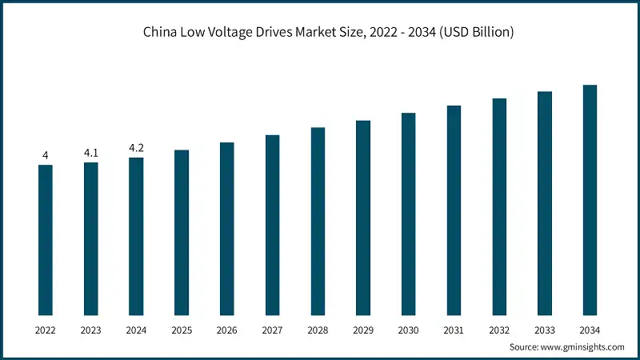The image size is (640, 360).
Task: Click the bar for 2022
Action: pos(46,240)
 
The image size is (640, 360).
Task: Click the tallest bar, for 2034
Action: pos(590,200)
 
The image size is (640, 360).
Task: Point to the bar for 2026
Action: pos(227,229)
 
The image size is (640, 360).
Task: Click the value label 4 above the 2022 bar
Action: pos(46,154)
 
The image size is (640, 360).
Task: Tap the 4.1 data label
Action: pos(91,152)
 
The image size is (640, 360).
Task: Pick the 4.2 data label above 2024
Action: pos(136,147)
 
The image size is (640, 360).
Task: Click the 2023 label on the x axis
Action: pos(91,329)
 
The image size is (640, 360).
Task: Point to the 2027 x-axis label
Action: pos(272,329)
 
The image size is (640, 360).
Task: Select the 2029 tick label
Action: pos(363,329)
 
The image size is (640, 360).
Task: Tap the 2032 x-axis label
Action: pos(499,329)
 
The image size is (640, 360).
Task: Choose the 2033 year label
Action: pos(544,329)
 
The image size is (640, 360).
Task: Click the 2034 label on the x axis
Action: pos(590,329)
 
